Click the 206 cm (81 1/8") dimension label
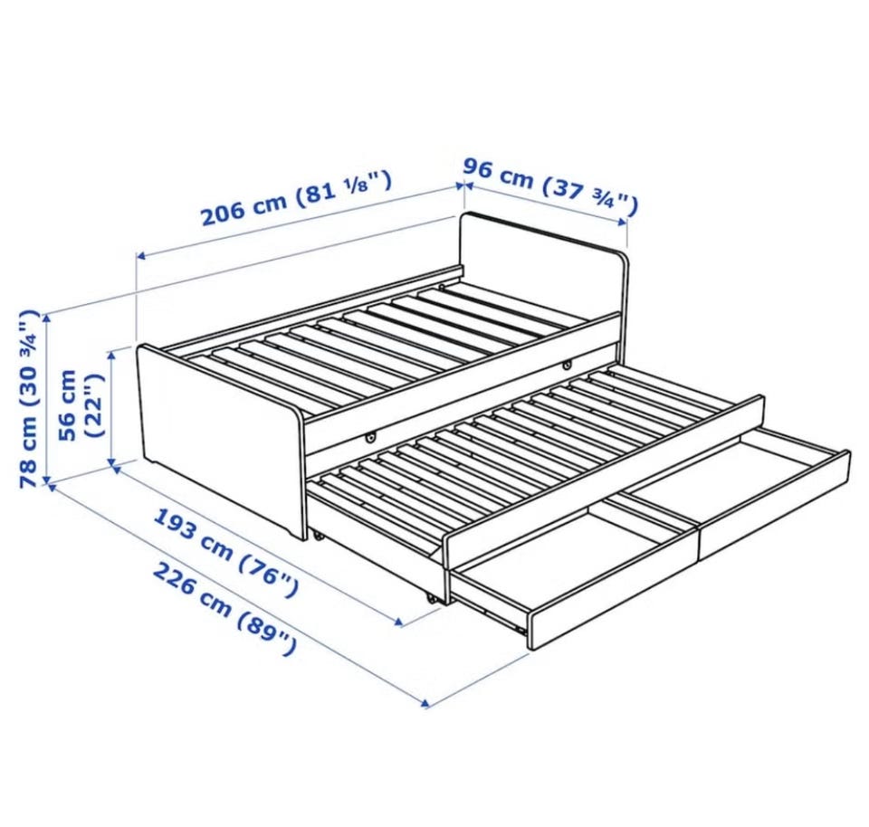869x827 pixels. coord(297,198)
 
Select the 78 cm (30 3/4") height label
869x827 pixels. coord(30,399)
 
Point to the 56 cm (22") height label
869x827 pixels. coord(81,405)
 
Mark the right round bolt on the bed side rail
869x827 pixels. coord(567,365)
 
